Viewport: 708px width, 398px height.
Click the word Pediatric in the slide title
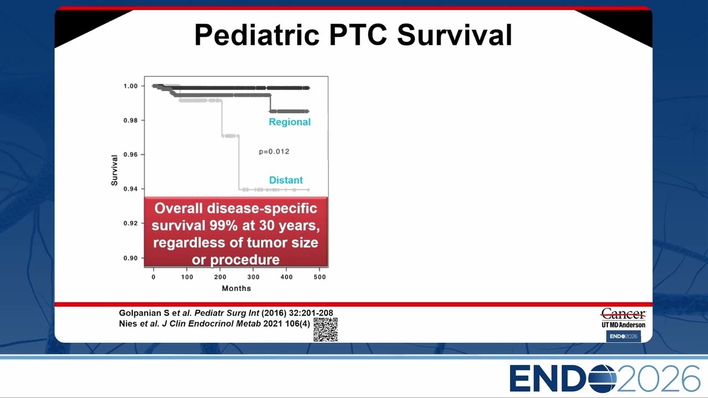coord(257,35)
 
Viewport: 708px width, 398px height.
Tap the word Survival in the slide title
coord(455,35)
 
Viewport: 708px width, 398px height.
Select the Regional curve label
coord(289,122)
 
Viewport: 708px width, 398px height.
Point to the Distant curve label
coord(286,180)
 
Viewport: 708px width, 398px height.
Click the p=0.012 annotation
coord(274,151)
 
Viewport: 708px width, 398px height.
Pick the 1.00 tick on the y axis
coord(131,86)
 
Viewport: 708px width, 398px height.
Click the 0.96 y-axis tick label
coord(131,154)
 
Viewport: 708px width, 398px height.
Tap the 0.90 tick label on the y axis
coord(131,258)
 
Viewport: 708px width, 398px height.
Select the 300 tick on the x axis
coord(253,277)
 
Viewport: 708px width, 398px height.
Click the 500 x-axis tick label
coord(320,277)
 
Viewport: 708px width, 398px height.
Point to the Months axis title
coord(236,289)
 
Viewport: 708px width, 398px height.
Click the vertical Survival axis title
coord(114,170)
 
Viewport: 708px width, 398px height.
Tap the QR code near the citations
coord(326,329)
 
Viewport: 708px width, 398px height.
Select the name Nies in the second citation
coord(128,324)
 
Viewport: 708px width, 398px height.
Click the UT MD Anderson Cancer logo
coord(623,318)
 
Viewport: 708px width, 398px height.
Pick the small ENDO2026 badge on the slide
coord(623,337)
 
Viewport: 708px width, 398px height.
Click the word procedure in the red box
coord(245,260)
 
